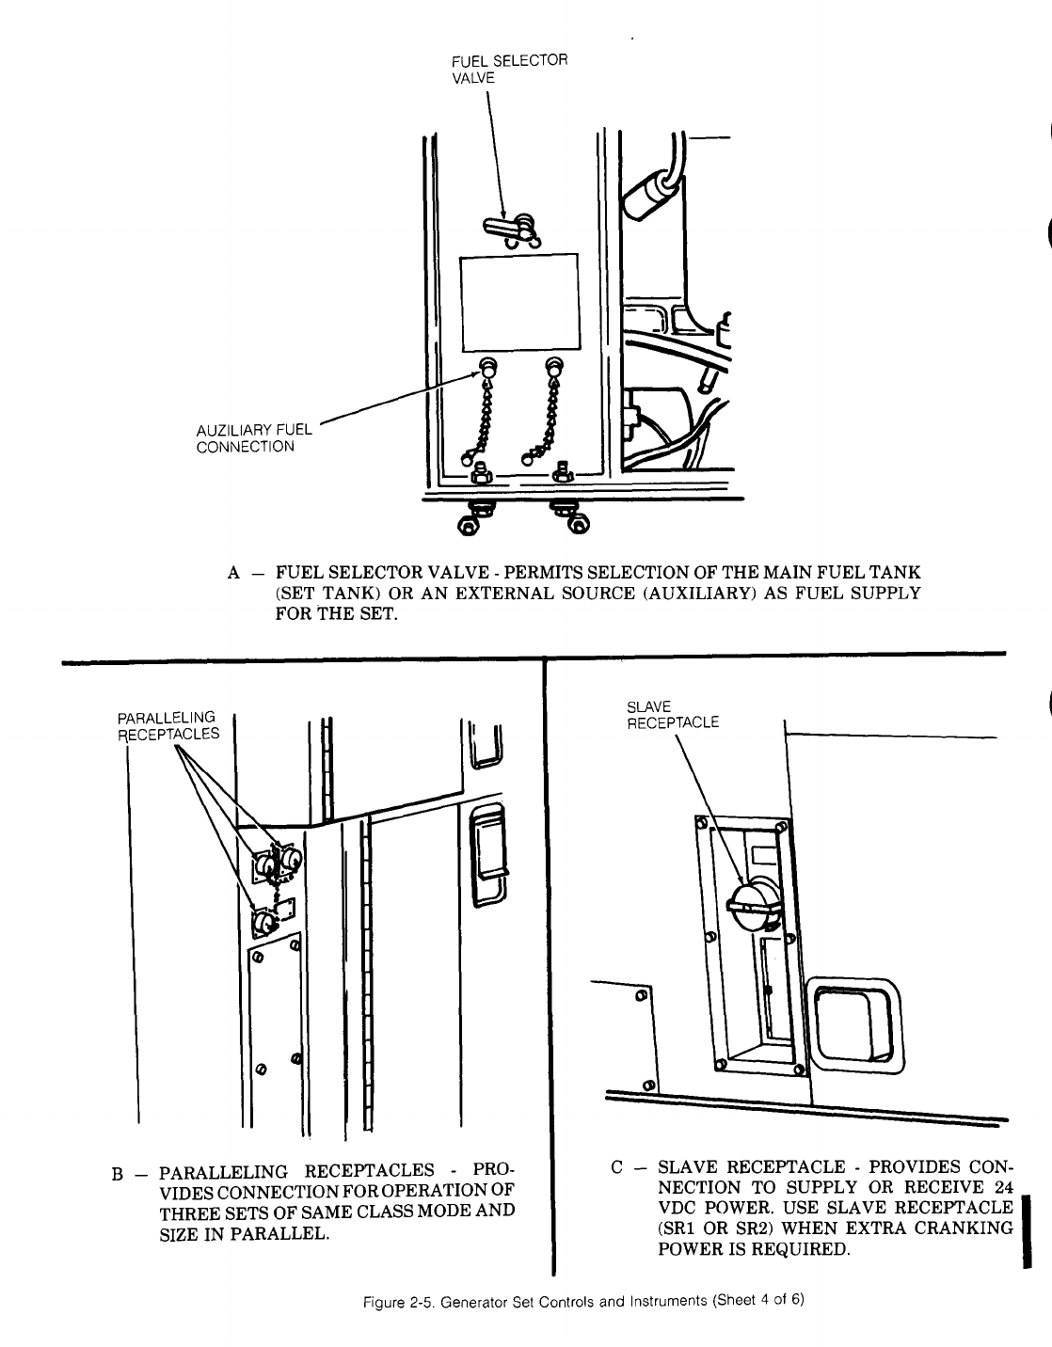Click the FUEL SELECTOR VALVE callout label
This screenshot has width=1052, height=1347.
[510, 70]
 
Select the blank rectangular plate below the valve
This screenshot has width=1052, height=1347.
[518, 300]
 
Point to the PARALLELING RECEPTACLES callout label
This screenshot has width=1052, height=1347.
[168, 725]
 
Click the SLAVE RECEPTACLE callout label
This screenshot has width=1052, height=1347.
[672, 715]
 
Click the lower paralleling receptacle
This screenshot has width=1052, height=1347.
[263, 921]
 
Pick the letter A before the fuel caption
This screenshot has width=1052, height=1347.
[234, 572]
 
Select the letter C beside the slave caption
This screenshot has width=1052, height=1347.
[617, 1167]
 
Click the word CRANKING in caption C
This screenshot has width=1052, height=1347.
[965, 1228]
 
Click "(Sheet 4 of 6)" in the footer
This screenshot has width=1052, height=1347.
[761, 1302]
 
